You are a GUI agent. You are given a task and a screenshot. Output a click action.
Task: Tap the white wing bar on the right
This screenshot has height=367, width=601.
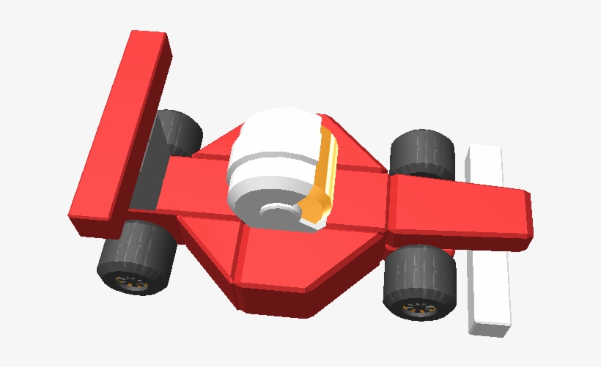tap(487, 234)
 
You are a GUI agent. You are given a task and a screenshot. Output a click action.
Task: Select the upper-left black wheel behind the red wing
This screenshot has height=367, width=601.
tap(178, 132)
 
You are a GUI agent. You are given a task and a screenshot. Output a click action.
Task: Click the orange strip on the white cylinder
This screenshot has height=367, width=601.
tap(328, 165)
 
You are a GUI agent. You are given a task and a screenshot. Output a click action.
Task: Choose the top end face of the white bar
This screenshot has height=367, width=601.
tap(484, 150)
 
